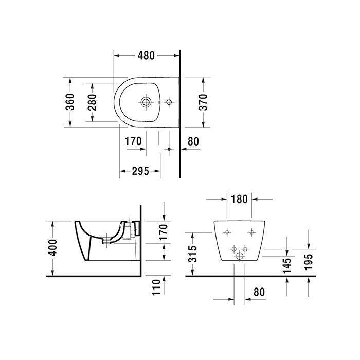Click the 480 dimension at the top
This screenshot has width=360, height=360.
click(146, 55)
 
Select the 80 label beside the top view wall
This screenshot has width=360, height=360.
click(193, 140)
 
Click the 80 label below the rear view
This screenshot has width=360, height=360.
click(258, 292)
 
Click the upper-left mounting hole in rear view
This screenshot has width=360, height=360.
click(227, 233)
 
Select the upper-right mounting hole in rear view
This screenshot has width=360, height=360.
click(251, 233)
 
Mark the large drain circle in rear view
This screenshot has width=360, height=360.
click(240, 256)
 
